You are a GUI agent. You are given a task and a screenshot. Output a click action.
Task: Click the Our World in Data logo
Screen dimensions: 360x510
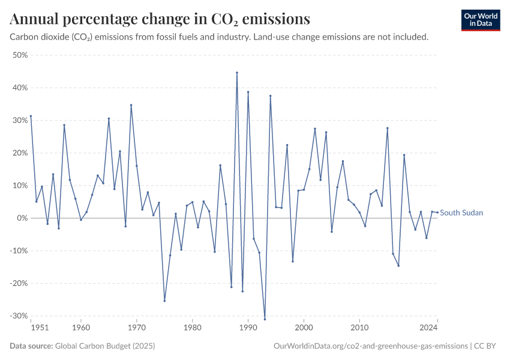pos(480,20)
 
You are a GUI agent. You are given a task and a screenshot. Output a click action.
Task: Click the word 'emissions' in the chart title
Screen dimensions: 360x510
pos(274,19)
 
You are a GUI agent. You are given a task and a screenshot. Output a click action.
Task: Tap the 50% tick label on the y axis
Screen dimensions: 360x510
pos(20,55)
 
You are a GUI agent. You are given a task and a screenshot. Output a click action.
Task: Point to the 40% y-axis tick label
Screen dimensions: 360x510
pos(20,88)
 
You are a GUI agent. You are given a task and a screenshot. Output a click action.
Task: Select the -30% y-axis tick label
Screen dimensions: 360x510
pos(19,316)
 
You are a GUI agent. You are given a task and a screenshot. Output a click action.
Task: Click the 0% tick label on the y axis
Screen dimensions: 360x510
pos(23,218)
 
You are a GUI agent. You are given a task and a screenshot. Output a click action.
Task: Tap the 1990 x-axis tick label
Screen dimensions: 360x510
pos(248,328)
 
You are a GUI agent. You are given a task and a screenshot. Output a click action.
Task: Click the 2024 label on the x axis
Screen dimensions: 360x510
pos(428,328)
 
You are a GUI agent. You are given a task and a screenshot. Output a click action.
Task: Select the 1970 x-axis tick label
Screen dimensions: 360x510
pos(137,328)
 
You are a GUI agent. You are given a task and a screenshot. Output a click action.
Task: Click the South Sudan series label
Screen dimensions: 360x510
pos(461,213)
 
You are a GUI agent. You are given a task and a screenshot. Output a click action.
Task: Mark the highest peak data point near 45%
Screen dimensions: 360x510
pos(237,73)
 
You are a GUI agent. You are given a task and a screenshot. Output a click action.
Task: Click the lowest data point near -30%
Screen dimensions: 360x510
pos(265,319)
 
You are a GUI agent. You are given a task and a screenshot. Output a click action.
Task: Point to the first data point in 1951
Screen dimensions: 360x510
pos(31,116)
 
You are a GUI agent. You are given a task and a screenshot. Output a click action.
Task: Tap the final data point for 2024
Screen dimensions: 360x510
pos(437,212)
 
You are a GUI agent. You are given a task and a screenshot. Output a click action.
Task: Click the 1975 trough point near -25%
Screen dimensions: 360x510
pos(164,301)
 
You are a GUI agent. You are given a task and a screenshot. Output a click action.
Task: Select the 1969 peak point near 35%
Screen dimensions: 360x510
pos(131,105)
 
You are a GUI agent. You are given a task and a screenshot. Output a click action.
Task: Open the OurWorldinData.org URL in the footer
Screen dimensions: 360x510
pos(370,346)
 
